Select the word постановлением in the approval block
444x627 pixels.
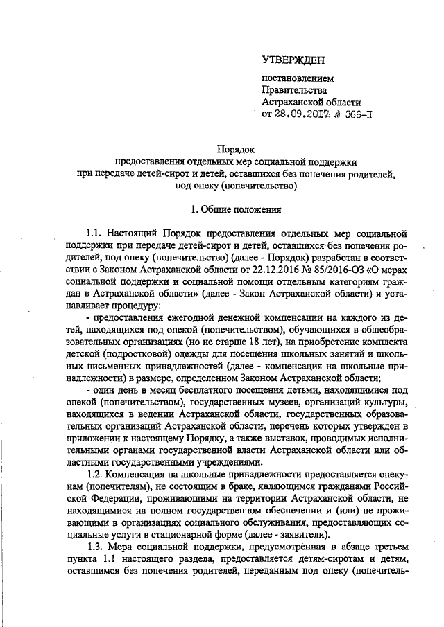pos(292,78)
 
